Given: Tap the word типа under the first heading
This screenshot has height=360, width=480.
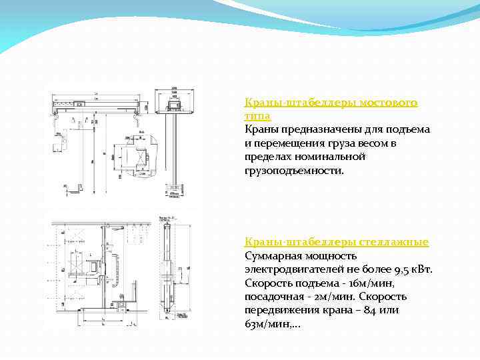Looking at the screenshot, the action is (x=257, y=116).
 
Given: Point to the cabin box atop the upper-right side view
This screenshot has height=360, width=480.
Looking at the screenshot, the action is (x=172, y=105).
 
